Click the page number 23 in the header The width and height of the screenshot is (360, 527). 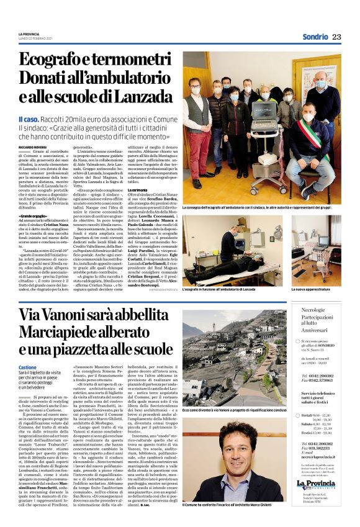336,37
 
